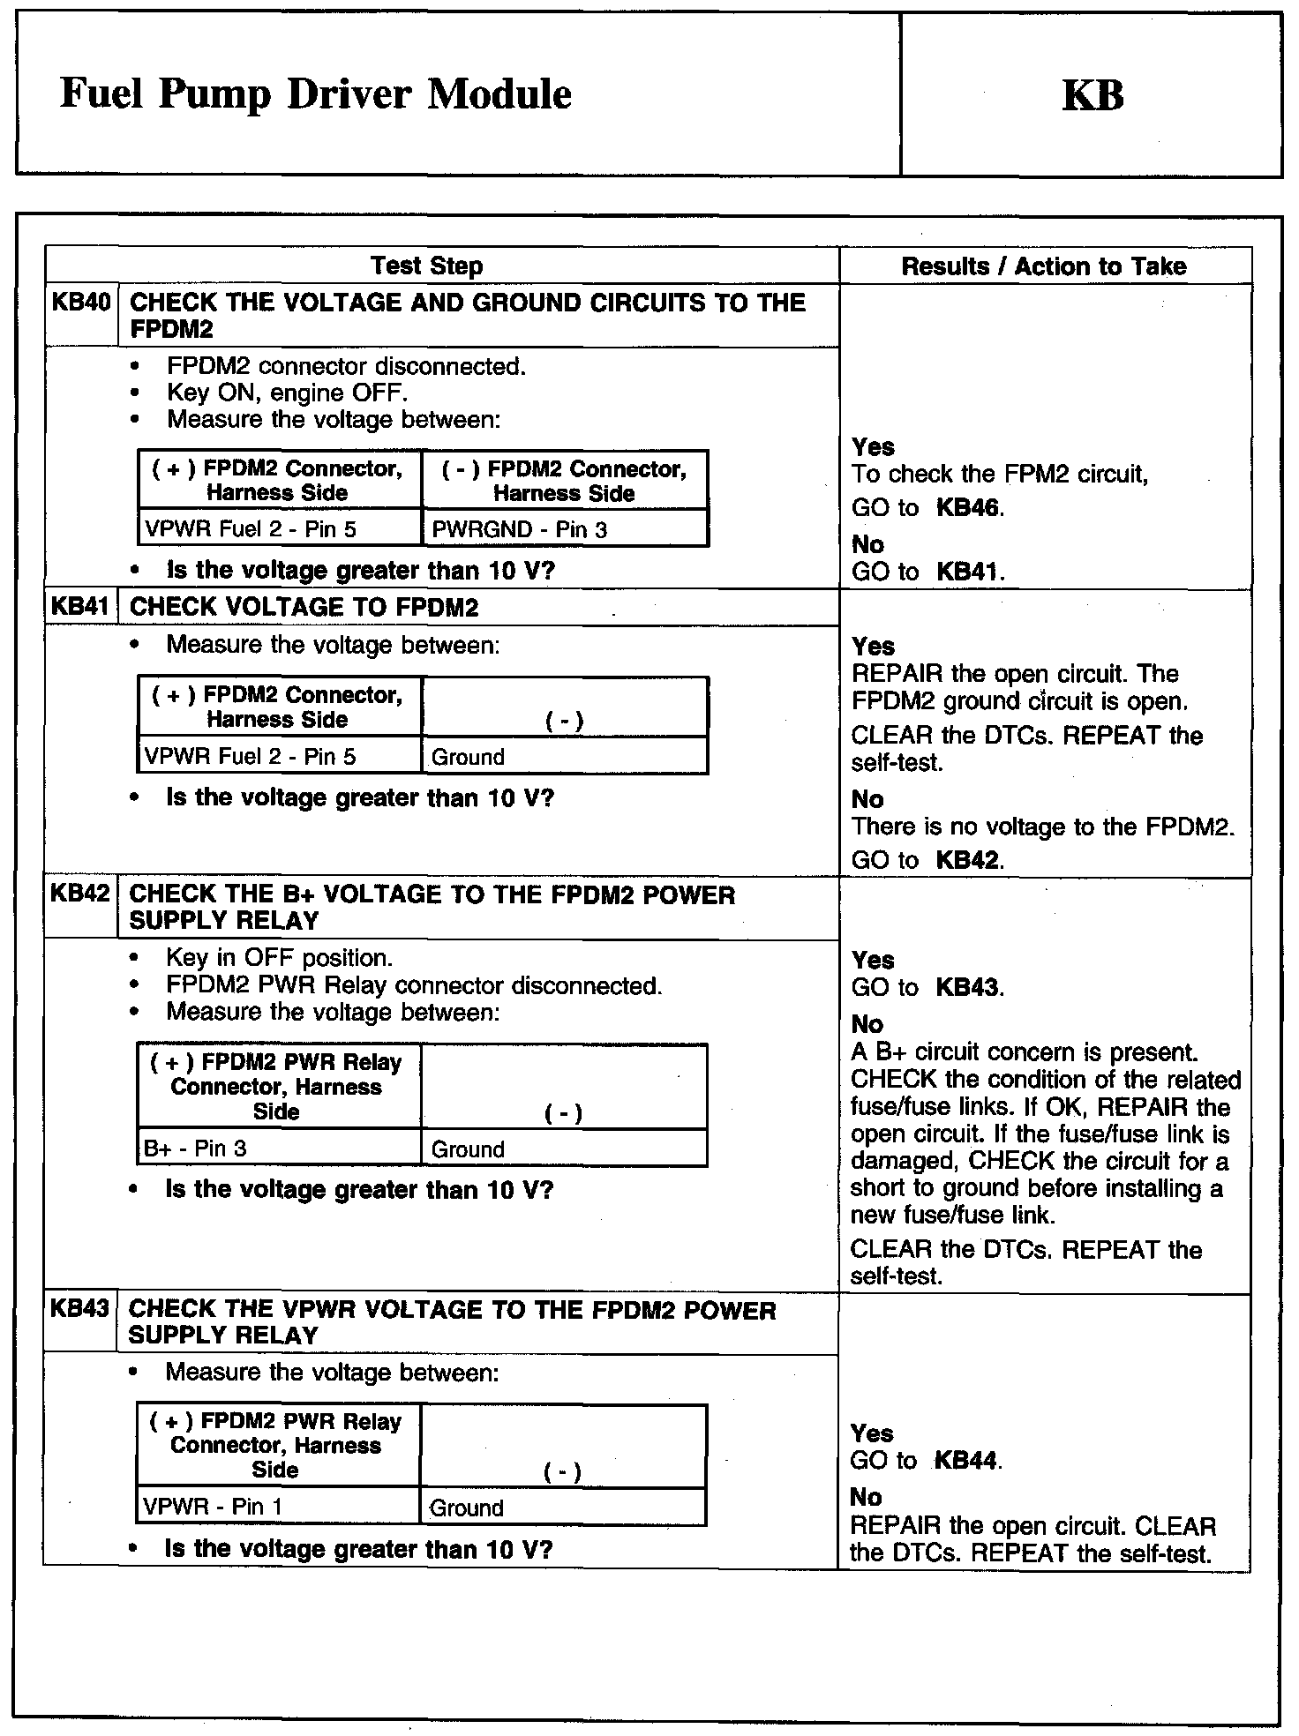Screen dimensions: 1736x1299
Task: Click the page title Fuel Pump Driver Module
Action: [x=315, y=94]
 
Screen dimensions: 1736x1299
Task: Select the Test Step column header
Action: [x=426, y=266]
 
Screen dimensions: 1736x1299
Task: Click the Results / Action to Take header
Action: [x=1043, y=266]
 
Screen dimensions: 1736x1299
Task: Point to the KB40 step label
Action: [x=80, y=303]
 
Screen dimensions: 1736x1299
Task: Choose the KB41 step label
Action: [x=80, y=607]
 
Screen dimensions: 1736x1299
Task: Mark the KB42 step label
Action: [x=79, y=894]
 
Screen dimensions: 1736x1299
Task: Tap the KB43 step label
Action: [x=79, y=1308]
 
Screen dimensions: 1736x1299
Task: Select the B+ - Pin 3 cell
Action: [x=195, y=1149]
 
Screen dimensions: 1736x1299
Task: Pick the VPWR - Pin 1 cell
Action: [x=213, y=1507]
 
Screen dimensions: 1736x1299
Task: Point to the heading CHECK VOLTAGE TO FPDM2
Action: [x=304, y=607]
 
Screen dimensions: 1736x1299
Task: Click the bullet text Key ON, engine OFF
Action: [x=287, y=393]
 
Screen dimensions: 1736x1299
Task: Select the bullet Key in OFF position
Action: [x=279, y=958]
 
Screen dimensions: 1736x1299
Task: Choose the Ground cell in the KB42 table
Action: [x=468, y=1149]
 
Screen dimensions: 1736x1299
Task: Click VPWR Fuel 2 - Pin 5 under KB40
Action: [x=251, y=529]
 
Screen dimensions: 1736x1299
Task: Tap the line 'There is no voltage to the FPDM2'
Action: [x=1042, y=827]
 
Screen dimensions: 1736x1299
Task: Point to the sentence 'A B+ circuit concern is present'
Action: [x=1024, y=1052]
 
